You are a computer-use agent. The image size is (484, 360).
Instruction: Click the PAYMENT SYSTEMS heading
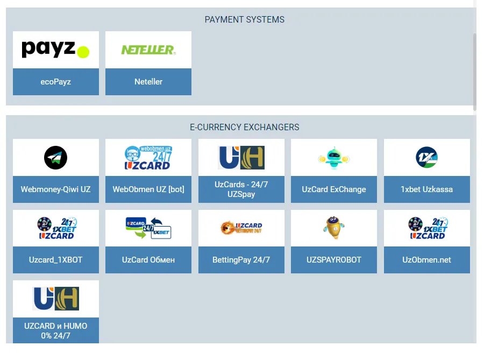tap(244, 19)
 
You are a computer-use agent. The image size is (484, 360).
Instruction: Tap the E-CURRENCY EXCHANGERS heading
tap(244, 128)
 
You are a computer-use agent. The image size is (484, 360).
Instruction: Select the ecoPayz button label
tap(55, 82)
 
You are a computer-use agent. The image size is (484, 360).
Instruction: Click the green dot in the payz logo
tap(83, 52)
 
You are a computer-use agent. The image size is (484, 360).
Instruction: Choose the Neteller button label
tap(148, 82)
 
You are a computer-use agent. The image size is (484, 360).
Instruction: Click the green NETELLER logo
tap(148, 50)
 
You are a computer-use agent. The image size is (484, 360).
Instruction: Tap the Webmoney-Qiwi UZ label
tap(55, 189)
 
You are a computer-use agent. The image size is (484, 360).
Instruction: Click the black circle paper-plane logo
tap(55, 158)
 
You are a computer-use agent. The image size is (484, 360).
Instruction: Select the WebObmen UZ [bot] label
tap(148, 189)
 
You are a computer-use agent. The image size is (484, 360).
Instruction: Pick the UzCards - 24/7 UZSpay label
tap(241, 189)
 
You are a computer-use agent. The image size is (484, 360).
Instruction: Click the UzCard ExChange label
tap(333, 189)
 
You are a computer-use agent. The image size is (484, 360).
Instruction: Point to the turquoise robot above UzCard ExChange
tap(333, 157)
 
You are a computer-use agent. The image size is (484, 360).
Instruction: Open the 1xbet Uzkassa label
tap(426, 189)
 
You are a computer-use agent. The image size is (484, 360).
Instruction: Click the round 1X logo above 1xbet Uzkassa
tap(426, 157)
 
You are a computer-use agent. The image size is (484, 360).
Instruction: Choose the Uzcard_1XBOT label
tap(55, 260)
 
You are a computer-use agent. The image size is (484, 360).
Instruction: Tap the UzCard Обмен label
tap(148, 260)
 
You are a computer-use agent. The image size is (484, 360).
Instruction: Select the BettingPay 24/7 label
tap(241, 260)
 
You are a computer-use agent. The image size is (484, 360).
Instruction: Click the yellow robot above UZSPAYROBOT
tap(333, 228)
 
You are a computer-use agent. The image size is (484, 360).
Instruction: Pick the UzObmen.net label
tap(426, 260)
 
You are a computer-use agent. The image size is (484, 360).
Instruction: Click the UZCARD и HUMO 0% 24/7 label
tap(55, 330)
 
